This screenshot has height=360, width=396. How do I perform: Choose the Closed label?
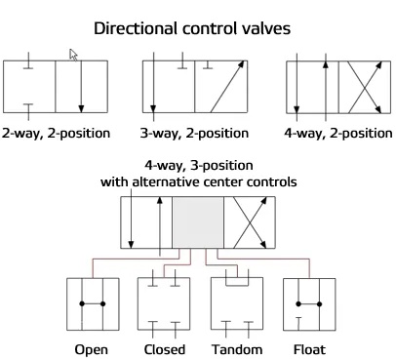[x=163, y=349]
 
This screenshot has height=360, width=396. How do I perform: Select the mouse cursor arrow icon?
[x=73, y=56]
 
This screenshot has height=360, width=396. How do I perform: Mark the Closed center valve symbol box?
[x=163, y=306]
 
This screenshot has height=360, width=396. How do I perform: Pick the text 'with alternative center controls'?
[x=197, y=181]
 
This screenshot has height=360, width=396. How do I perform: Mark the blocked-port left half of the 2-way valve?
[x=29, y=89]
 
